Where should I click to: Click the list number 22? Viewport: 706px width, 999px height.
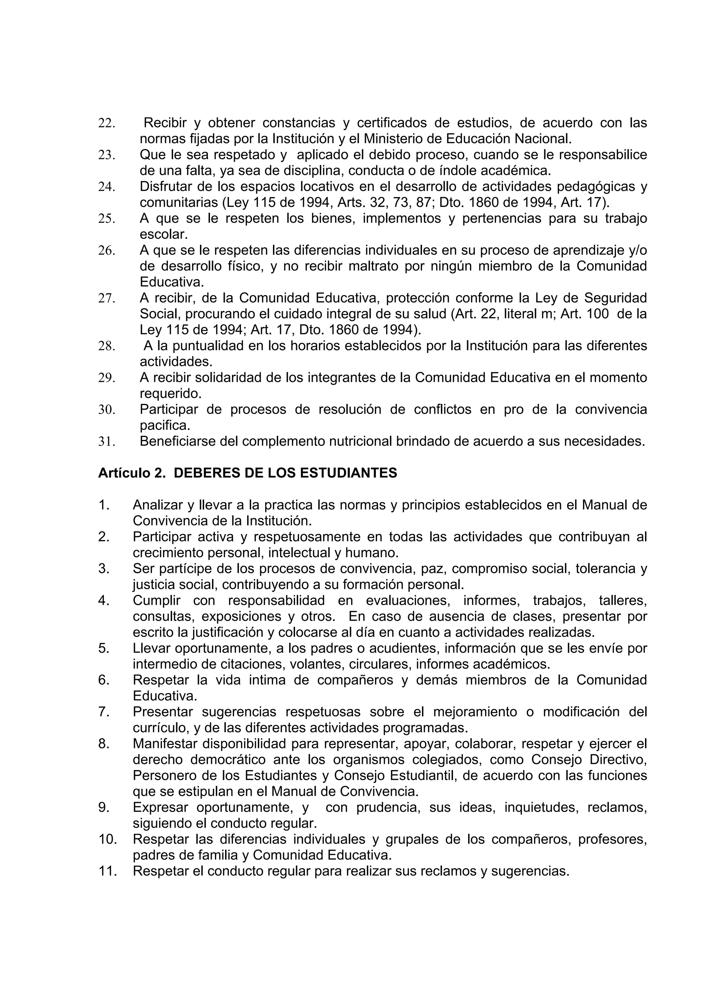[107, 123]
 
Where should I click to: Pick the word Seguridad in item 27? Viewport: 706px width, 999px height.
[615, 298]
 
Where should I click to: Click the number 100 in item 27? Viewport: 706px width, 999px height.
[597, 314]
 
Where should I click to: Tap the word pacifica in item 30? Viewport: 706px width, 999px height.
[165, 425]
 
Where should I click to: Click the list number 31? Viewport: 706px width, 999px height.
[107, 442]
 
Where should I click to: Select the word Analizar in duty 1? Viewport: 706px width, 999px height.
[158, 505]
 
